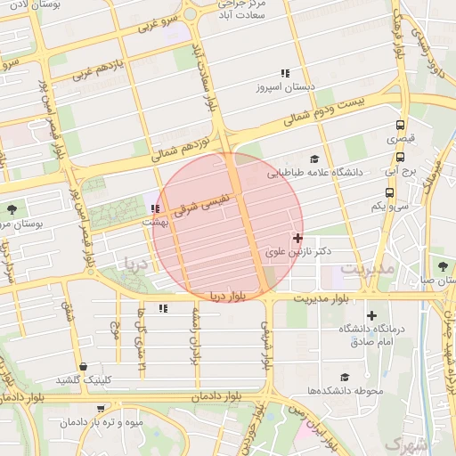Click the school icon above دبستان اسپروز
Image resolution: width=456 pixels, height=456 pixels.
pos(285,73)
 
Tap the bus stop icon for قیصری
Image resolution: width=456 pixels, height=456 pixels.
pos(400,125)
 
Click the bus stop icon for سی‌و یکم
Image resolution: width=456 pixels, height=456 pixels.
pos(389,191)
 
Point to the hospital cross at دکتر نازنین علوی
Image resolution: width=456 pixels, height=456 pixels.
pos(297,238)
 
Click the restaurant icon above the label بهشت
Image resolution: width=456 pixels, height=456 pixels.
pos(156,209)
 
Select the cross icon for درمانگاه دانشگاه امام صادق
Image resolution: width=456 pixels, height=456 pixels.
pos(371,315)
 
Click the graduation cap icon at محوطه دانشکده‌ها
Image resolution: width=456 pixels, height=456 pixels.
pos(345,378)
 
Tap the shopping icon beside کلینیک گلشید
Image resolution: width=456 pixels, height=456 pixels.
pos(83,366)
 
